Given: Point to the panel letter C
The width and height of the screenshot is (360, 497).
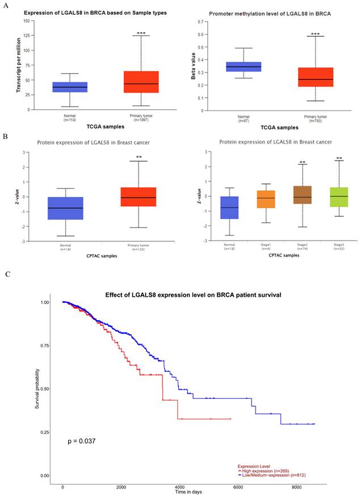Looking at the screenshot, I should [x=7, y=274].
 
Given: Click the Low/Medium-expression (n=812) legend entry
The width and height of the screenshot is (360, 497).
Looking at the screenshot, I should [x=267, y=474].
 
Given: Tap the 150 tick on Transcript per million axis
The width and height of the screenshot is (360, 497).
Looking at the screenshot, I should [x=27, y=21].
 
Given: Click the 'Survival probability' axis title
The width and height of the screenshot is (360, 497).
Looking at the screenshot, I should [x=38, y=388].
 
